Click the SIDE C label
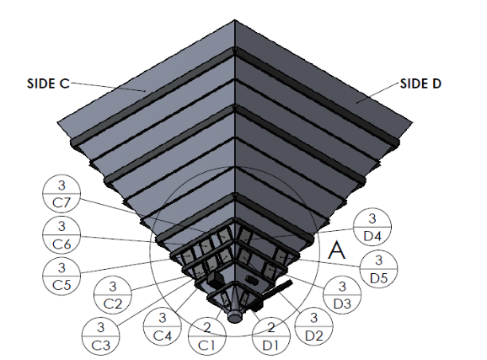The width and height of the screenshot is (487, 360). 48,83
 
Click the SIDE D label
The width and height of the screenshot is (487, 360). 420,83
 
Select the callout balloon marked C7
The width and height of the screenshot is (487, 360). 62,193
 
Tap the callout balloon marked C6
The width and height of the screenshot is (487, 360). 62,235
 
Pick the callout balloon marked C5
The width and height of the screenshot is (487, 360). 62,276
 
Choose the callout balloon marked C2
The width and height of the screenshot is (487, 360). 113,294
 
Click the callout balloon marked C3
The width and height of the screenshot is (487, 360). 100,336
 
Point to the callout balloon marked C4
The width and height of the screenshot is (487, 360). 162,326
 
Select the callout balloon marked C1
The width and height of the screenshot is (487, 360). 207,336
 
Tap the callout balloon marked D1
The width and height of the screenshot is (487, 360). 271,336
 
